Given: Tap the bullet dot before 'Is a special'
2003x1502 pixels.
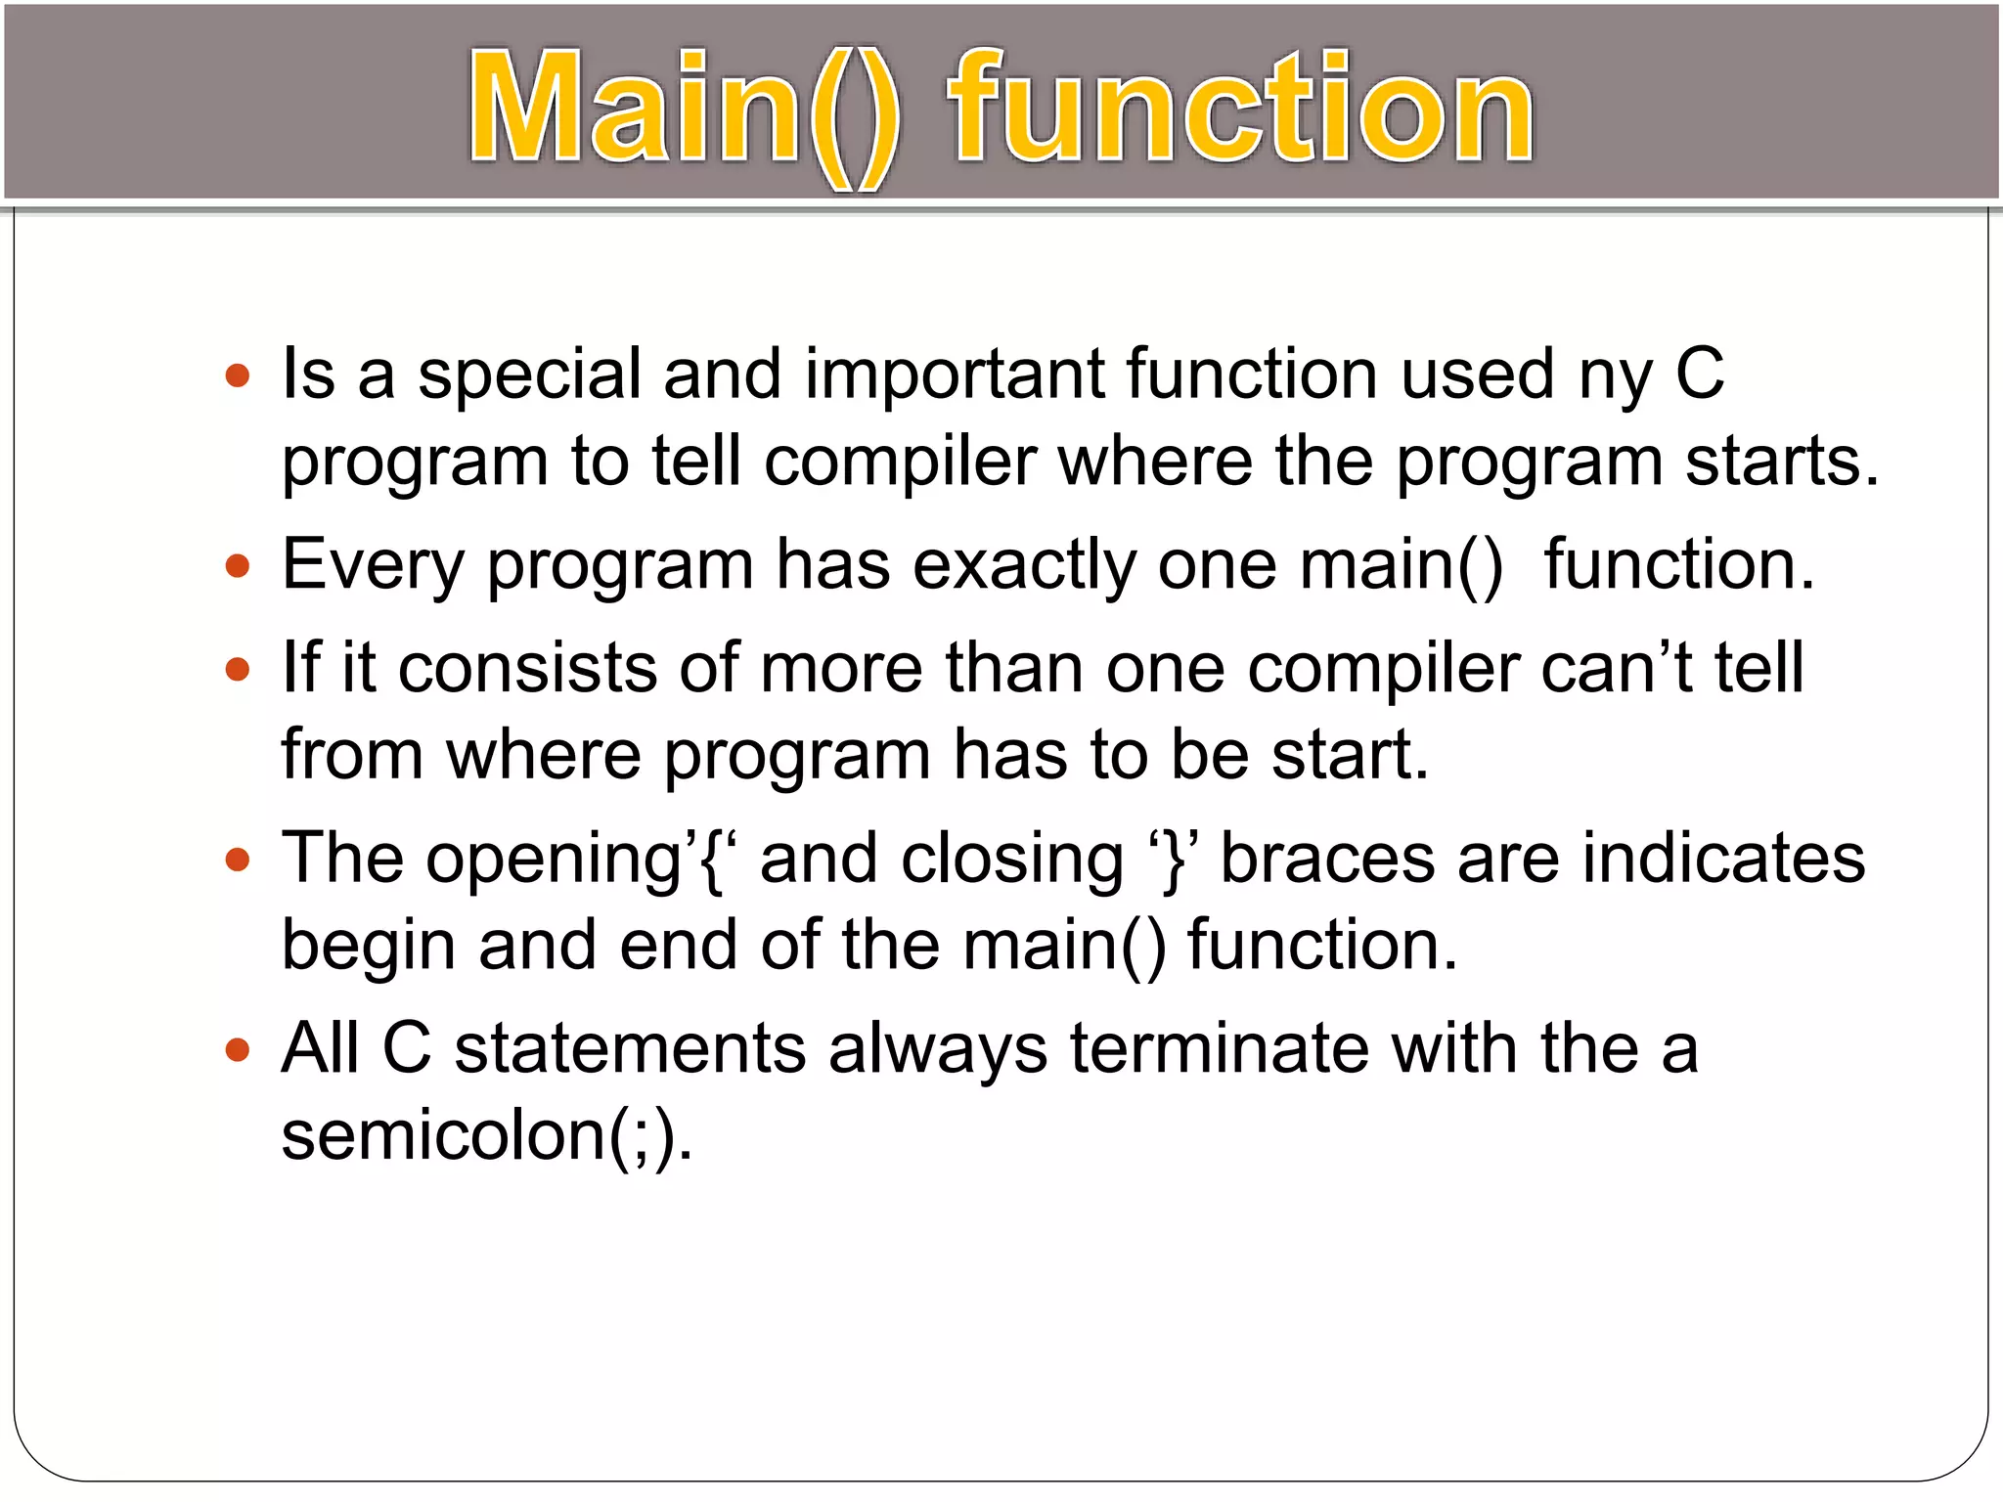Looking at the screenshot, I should pos(238,375).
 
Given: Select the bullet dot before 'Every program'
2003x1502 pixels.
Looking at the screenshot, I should pos(238,566).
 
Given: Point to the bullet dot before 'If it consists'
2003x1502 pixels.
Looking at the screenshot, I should pos(238,670).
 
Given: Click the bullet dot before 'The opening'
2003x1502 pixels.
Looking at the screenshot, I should pos(238,861).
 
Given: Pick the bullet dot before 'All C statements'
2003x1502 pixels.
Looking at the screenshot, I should pos(238,1051).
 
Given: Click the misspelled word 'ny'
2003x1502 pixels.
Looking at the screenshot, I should pos(1616,375).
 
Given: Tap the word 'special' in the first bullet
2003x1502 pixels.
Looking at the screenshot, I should pos(530,375).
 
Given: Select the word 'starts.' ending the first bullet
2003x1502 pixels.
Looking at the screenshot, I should pos(1782,462).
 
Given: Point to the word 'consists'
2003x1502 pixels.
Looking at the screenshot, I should pos(527,670).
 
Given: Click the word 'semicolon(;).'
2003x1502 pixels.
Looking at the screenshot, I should pos(487,1137).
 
